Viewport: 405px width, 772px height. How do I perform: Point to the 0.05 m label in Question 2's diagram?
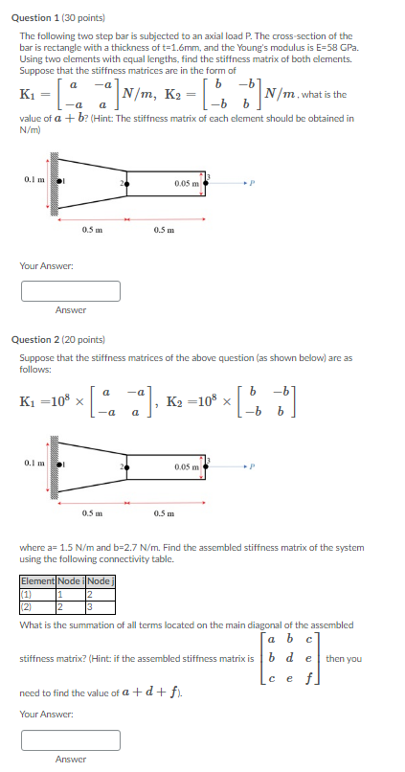tap(188, 467)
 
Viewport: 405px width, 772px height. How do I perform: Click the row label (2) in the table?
tap(27, 606)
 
